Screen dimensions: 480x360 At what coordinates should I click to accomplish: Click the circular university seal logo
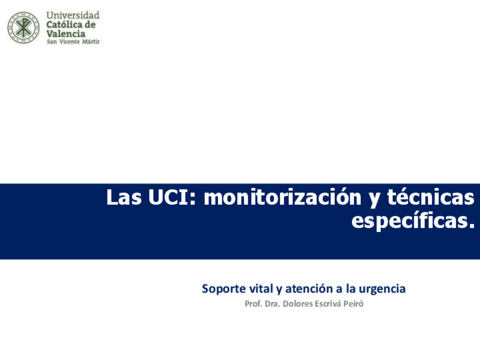point(24,28)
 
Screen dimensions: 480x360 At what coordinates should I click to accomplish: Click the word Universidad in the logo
point(73,15)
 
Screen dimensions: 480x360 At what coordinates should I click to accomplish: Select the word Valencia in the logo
point(66,33)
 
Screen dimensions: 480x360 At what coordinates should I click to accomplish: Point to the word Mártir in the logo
point(91,42)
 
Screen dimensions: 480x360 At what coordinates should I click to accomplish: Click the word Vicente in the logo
point(70,42)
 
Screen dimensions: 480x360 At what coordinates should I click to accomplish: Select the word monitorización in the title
point(282,197)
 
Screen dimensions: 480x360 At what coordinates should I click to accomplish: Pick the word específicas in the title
point(413,220)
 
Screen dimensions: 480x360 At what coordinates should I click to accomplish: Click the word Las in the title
point(124,197)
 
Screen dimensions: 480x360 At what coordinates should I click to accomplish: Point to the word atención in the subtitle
point(309,288)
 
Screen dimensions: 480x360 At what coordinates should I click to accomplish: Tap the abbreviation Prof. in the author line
point(253,303)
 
